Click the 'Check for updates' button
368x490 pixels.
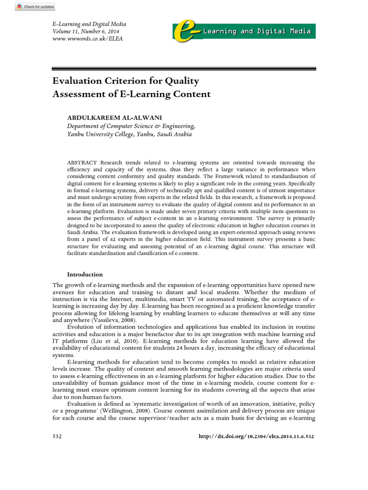click(x=35, y=7)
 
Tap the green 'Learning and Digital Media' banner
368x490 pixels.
click(x=257, y=32)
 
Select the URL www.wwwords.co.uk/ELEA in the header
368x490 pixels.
click(x=87, y=39)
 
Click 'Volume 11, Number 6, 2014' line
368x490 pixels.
click(x=86, y=31)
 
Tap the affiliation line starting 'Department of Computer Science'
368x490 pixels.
click(x=131, y=126)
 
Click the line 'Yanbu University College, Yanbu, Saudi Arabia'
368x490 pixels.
click(x=129, y=134)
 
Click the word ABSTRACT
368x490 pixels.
click(x=81, y=163)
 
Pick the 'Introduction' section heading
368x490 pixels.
click(x=85, y=275)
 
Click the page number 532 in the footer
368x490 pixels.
click(x=57, y=437)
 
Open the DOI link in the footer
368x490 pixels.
click(x=256, y=437)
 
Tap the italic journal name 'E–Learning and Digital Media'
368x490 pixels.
click(x=89, y=24)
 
